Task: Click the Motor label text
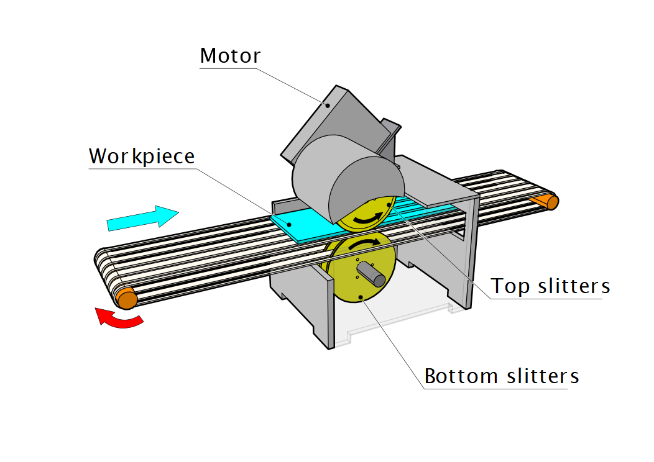(230, 56)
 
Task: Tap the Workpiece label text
(142, 156)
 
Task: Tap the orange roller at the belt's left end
(127, 299)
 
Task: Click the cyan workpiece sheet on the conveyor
(305, 225)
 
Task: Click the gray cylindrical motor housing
(348, 177)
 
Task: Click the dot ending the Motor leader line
(327, 105)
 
